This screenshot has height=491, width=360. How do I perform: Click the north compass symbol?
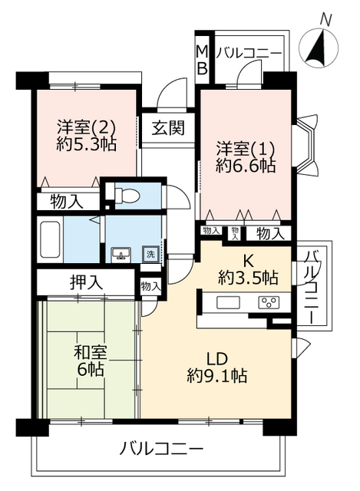[319, 48]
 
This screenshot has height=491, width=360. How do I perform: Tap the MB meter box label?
[202, 60]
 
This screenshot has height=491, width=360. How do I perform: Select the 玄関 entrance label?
[168, 128]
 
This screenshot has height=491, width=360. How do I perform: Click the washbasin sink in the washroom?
[121, 254]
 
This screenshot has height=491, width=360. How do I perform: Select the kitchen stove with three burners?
[269, 303]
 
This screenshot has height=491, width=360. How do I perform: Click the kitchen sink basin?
[228, 303]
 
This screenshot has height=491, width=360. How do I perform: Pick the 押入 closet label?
[86, 282]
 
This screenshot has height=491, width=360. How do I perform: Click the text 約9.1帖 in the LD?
[217, 376]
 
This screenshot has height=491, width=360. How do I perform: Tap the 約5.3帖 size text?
[86, 144]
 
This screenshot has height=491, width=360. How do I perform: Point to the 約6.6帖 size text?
[246, 166]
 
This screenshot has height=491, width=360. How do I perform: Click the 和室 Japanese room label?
[91, 353]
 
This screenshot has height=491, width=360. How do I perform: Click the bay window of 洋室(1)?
[307, 144]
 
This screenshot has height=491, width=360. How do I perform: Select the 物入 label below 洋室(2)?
[67, 202]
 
